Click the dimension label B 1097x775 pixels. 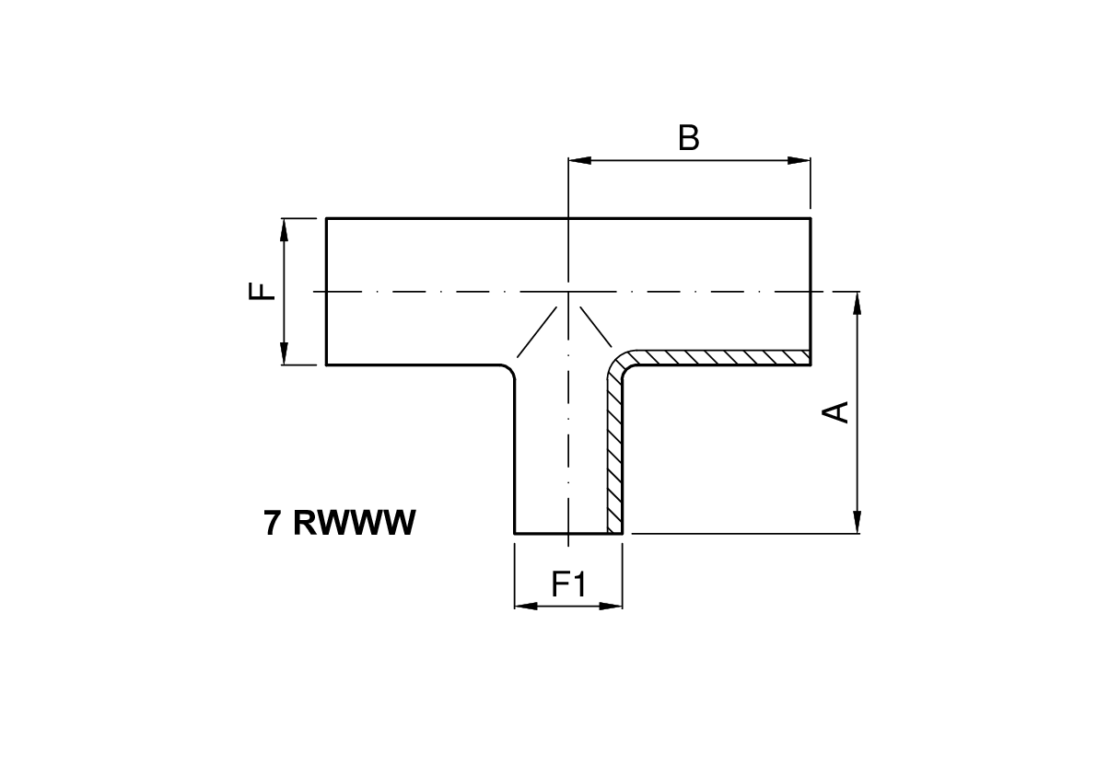pyautogui.click(x=688, y=138)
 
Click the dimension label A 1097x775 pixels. pyautogui.click(x=835, y=411)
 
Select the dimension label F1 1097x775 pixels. pyautogui.click(x=568, y=584)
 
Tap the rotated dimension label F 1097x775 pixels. pyautogui.click(x=263, y=292)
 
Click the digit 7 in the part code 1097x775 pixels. pyautogui.click(x=273, y=523)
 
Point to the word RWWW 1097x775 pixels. pyautogui.click(x=355, y=523)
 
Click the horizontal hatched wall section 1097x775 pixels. pyautogui.click(x=718, y=357)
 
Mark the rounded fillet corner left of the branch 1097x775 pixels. pyautogui.click(x=508, y=372)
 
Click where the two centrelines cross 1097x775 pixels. pyautogui.click(x=569, y=292)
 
